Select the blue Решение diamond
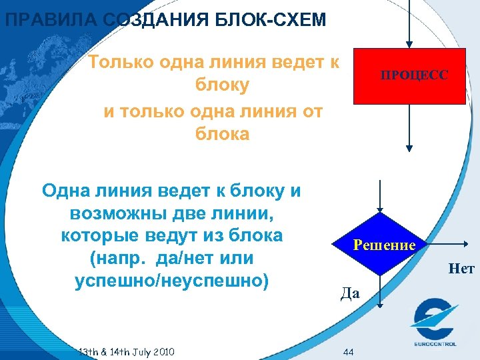[x=379, y=245]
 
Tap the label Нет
[x=462, y=269]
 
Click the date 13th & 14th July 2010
[x=127, y=351]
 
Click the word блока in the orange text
[x=222, y=134]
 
